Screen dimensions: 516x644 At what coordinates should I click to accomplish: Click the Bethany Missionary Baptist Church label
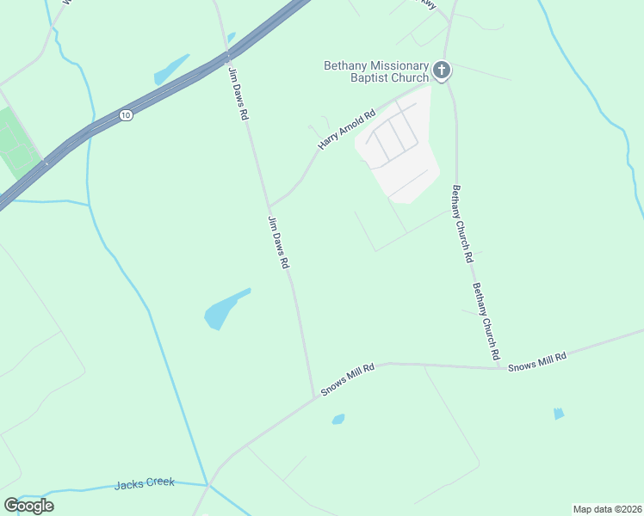click(x=375, y=71)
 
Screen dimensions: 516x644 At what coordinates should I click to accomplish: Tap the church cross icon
click(x=442, y=70)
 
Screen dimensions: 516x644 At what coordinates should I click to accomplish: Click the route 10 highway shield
click(x=126, y=115)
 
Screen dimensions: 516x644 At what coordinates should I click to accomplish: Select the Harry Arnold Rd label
click(x=347, y=130)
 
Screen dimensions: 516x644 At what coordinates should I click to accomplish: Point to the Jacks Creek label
click(x=145, y=484)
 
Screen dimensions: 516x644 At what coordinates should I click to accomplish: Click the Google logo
click(x=28, y=506)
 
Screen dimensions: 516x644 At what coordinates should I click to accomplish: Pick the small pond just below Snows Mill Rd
click(x=338, y=420)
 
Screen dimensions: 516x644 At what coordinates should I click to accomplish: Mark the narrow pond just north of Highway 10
click(x=171, y=70)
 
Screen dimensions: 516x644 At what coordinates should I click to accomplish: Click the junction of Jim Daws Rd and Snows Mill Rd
click(x=314, y=397)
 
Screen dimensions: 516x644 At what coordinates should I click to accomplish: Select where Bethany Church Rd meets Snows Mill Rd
click(x=498, y=368)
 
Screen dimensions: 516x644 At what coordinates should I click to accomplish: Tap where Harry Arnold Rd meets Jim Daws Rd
click(x=269, y=206)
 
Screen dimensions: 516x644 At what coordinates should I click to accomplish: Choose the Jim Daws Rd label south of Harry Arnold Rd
click(x=277, y=243)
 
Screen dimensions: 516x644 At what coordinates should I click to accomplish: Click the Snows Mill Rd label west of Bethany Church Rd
click(x=349, y=379)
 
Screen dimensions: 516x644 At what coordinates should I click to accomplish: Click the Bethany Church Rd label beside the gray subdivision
click(x=462, y=224)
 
